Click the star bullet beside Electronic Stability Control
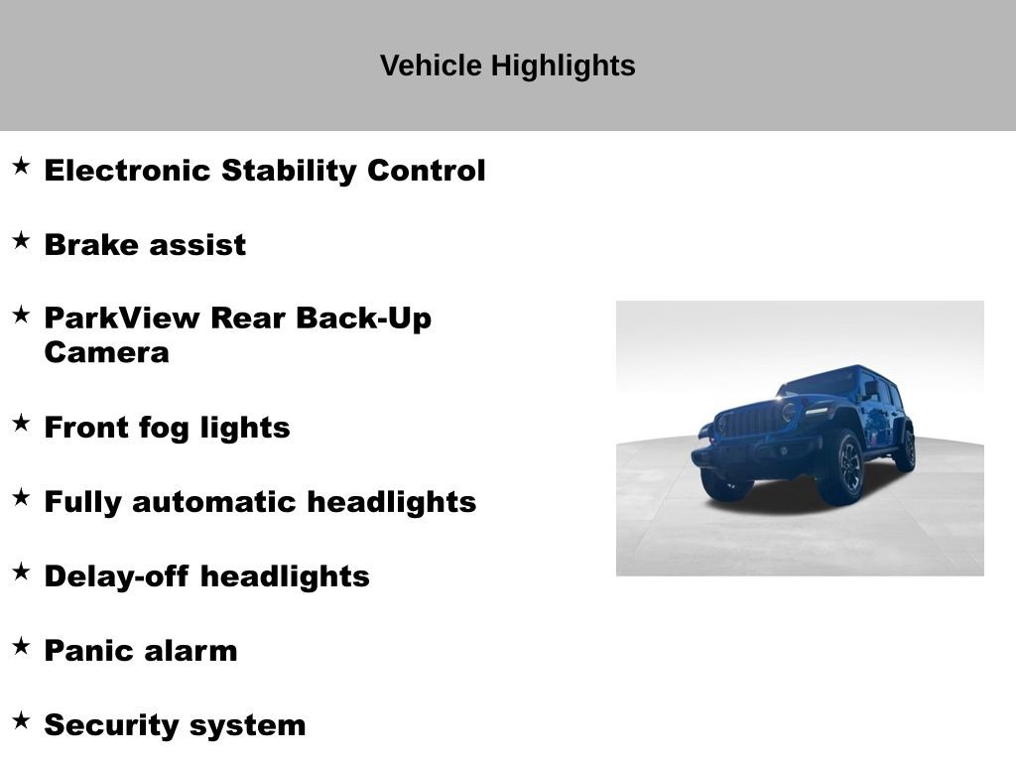coord(21,166)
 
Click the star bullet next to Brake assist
coord(21,240)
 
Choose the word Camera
coord(106,353)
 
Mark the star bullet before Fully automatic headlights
coord(21,497)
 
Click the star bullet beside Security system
coord(21,720)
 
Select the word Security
coord(107,725)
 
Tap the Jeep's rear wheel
coord(904,448)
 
